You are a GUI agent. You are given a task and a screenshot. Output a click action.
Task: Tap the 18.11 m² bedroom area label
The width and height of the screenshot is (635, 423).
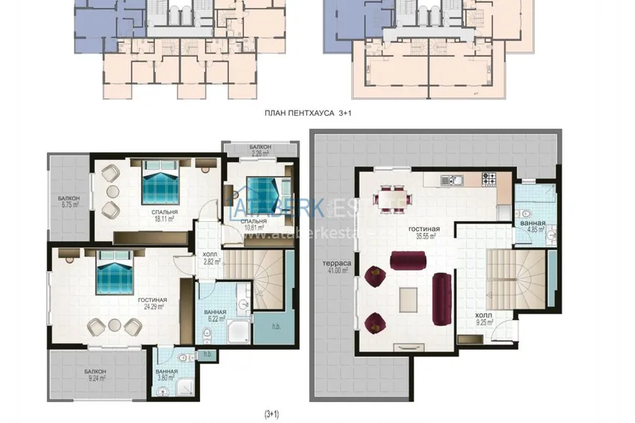click(162, 216)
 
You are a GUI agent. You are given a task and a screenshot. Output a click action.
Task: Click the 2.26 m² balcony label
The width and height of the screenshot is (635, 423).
click(260, 150)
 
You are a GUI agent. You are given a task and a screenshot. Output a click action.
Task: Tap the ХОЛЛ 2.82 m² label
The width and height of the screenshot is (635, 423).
click(211, 259)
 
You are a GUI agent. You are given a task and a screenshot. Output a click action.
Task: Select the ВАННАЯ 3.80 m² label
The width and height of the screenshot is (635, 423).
click(166, 374)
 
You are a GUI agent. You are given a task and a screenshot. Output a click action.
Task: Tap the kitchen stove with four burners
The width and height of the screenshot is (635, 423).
click(489, 179)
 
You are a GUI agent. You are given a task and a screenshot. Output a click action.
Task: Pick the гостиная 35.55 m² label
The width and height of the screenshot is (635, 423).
click(423, 232)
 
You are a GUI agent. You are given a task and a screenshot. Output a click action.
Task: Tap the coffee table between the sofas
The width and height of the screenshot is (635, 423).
click(409, 297)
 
